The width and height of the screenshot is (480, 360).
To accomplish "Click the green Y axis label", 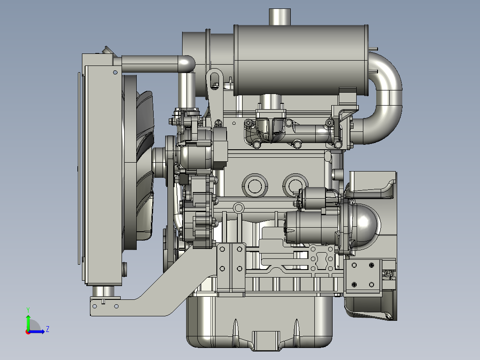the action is pyautogui.click(x=28, y=310).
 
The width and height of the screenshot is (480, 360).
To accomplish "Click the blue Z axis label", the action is pyautogui.click(x=48, y=329).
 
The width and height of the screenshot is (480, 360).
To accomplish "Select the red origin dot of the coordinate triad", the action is pyautogui.click(x=28, y=332).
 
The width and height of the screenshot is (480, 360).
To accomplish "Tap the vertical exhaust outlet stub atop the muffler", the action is pyautogui.click(x=280, y=17).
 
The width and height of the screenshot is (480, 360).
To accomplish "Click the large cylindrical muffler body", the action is pyautogui.click(x=301, y=60).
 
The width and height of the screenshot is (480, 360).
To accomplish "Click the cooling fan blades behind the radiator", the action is pyautogui.click(x=144, y=165).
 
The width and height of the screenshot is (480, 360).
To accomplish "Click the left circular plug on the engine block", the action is pyautogui.click(x=255, y=186).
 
